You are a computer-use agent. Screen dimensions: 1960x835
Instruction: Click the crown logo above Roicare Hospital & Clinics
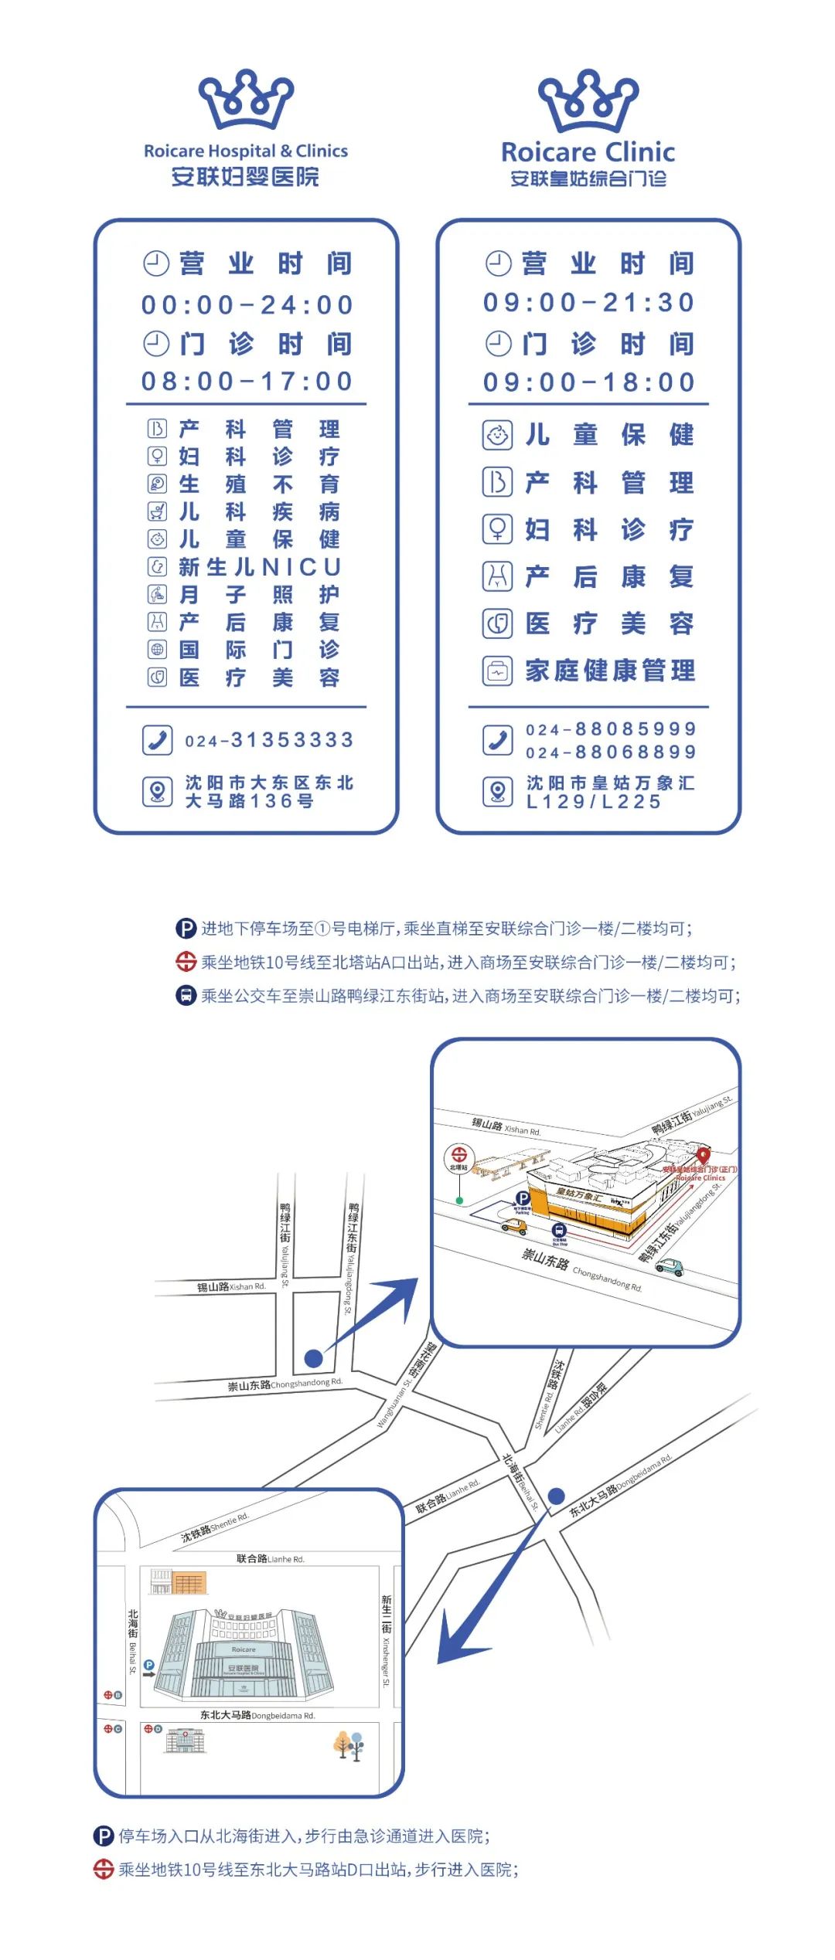[246, 100]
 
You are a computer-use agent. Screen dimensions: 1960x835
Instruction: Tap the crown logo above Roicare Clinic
[588, 101]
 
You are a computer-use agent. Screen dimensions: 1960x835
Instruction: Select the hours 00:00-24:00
[247, 305]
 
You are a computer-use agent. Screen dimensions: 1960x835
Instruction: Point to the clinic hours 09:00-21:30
[589, 303]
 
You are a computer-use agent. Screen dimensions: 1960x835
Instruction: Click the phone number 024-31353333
[269, 740]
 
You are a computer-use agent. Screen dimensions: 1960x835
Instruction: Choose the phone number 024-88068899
[611, 752]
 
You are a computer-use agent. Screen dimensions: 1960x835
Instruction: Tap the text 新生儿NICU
[260, 567]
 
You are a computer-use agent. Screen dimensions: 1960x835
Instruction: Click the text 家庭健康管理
[610, 671]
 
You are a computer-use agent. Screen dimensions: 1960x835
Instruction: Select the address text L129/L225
[594, 802]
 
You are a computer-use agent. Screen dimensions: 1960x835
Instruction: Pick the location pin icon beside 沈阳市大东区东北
[157, 792]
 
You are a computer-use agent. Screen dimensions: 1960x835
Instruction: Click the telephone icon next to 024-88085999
[498, 740]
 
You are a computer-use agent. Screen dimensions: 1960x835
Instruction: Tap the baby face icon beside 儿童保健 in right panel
[498, 435]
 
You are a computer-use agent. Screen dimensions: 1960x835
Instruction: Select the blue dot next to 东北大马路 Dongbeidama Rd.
[556, 1496]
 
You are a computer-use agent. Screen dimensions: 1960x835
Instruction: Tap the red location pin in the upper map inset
[703, 1155]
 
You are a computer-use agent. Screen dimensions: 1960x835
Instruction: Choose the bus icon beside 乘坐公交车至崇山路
[186, 995]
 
